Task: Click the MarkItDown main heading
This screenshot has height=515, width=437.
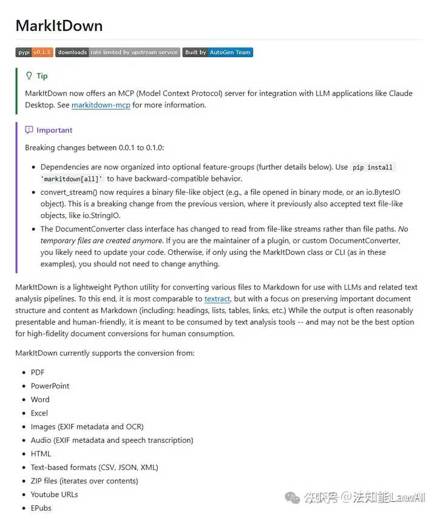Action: coord(59,25)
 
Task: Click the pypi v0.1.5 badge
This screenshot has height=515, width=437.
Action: coord(35,53)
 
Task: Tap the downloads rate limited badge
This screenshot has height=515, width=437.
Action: coord(118,53)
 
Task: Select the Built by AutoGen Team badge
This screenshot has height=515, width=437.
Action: coord(217,53)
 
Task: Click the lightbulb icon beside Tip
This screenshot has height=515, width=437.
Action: coord(29,76)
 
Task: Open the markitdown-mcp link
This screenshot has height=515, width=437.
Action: coord(101,105)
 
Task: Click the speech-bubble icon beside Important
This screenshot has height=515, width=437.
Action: coord(29,130)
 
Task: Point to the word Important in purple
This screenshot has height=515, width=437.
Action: coord(54,130)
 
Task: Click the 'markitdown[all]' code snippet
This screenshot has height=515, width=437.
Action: coord(72,178)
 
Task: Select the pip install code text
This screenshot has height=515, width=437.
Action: coord(373,167)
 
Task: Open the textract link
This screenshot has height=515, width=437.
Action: coord(217,298)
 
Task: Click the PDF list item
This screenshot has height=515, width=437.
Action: coord(38,372)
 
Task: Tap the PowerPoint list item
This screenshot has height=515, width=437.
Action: coord(50,386)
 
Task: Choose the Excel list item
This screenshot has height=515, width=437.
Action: coord(39,413)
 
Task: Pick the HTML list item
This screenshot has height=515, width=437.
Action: coord(41,454)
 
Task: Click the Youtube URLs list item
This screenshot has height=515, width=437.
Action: coord(54,494)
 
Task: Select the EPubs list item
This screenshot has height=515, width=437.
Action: coord(41,508)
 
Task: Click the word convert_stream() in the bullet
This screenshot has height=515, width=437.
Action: coord(69,192)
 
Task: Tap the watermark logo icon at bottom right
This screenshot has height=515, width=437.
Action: coord(294,497)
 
